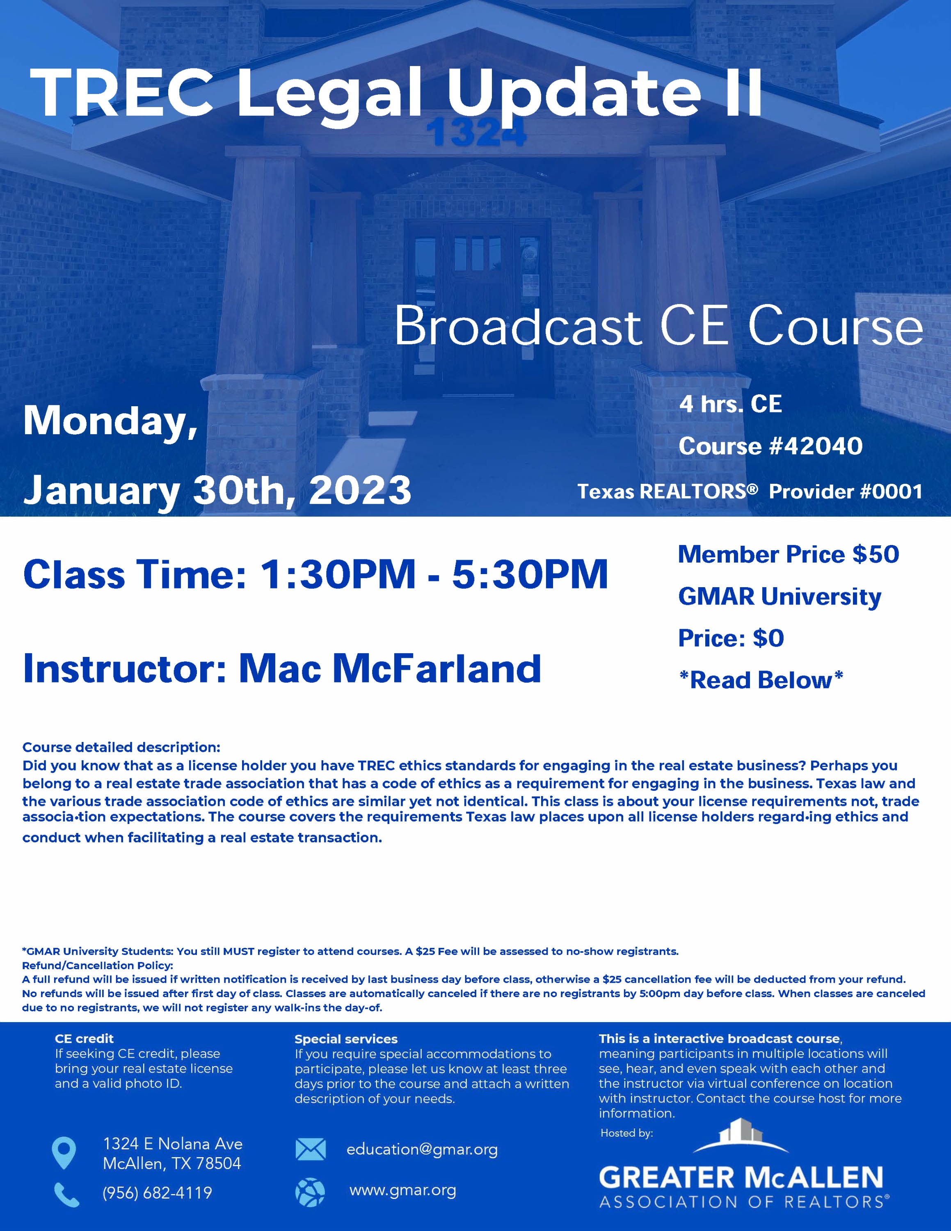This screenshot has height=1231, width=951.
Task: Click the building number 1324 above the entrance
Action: (476, 133)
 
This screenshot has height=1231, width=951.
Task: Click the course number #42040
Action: (815, 446)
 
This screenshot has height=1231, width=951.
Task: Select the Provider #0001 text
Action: (845, 492)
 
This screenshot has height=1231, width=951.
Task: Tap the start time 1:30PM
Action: (338, 574)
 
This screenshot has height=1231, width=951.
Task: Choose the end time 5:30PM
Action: (530, 574)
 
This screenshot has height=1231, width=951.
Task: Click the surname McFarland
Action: (437, 668)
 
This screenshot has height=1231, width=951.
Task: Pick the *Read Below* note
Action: (761, 680)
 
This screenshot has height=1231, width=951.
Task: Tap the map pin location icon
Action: (64, 1153)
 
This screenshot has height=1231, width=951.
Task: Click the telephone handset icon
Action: (67, 1194)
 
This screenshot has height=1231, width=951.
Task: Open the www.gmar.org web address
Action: (403, 1191)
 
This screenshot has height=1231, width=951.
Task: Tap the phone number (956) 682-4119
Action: (157, 1193)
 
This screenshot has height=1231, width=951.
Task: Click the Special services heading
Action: (346, 1039)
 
